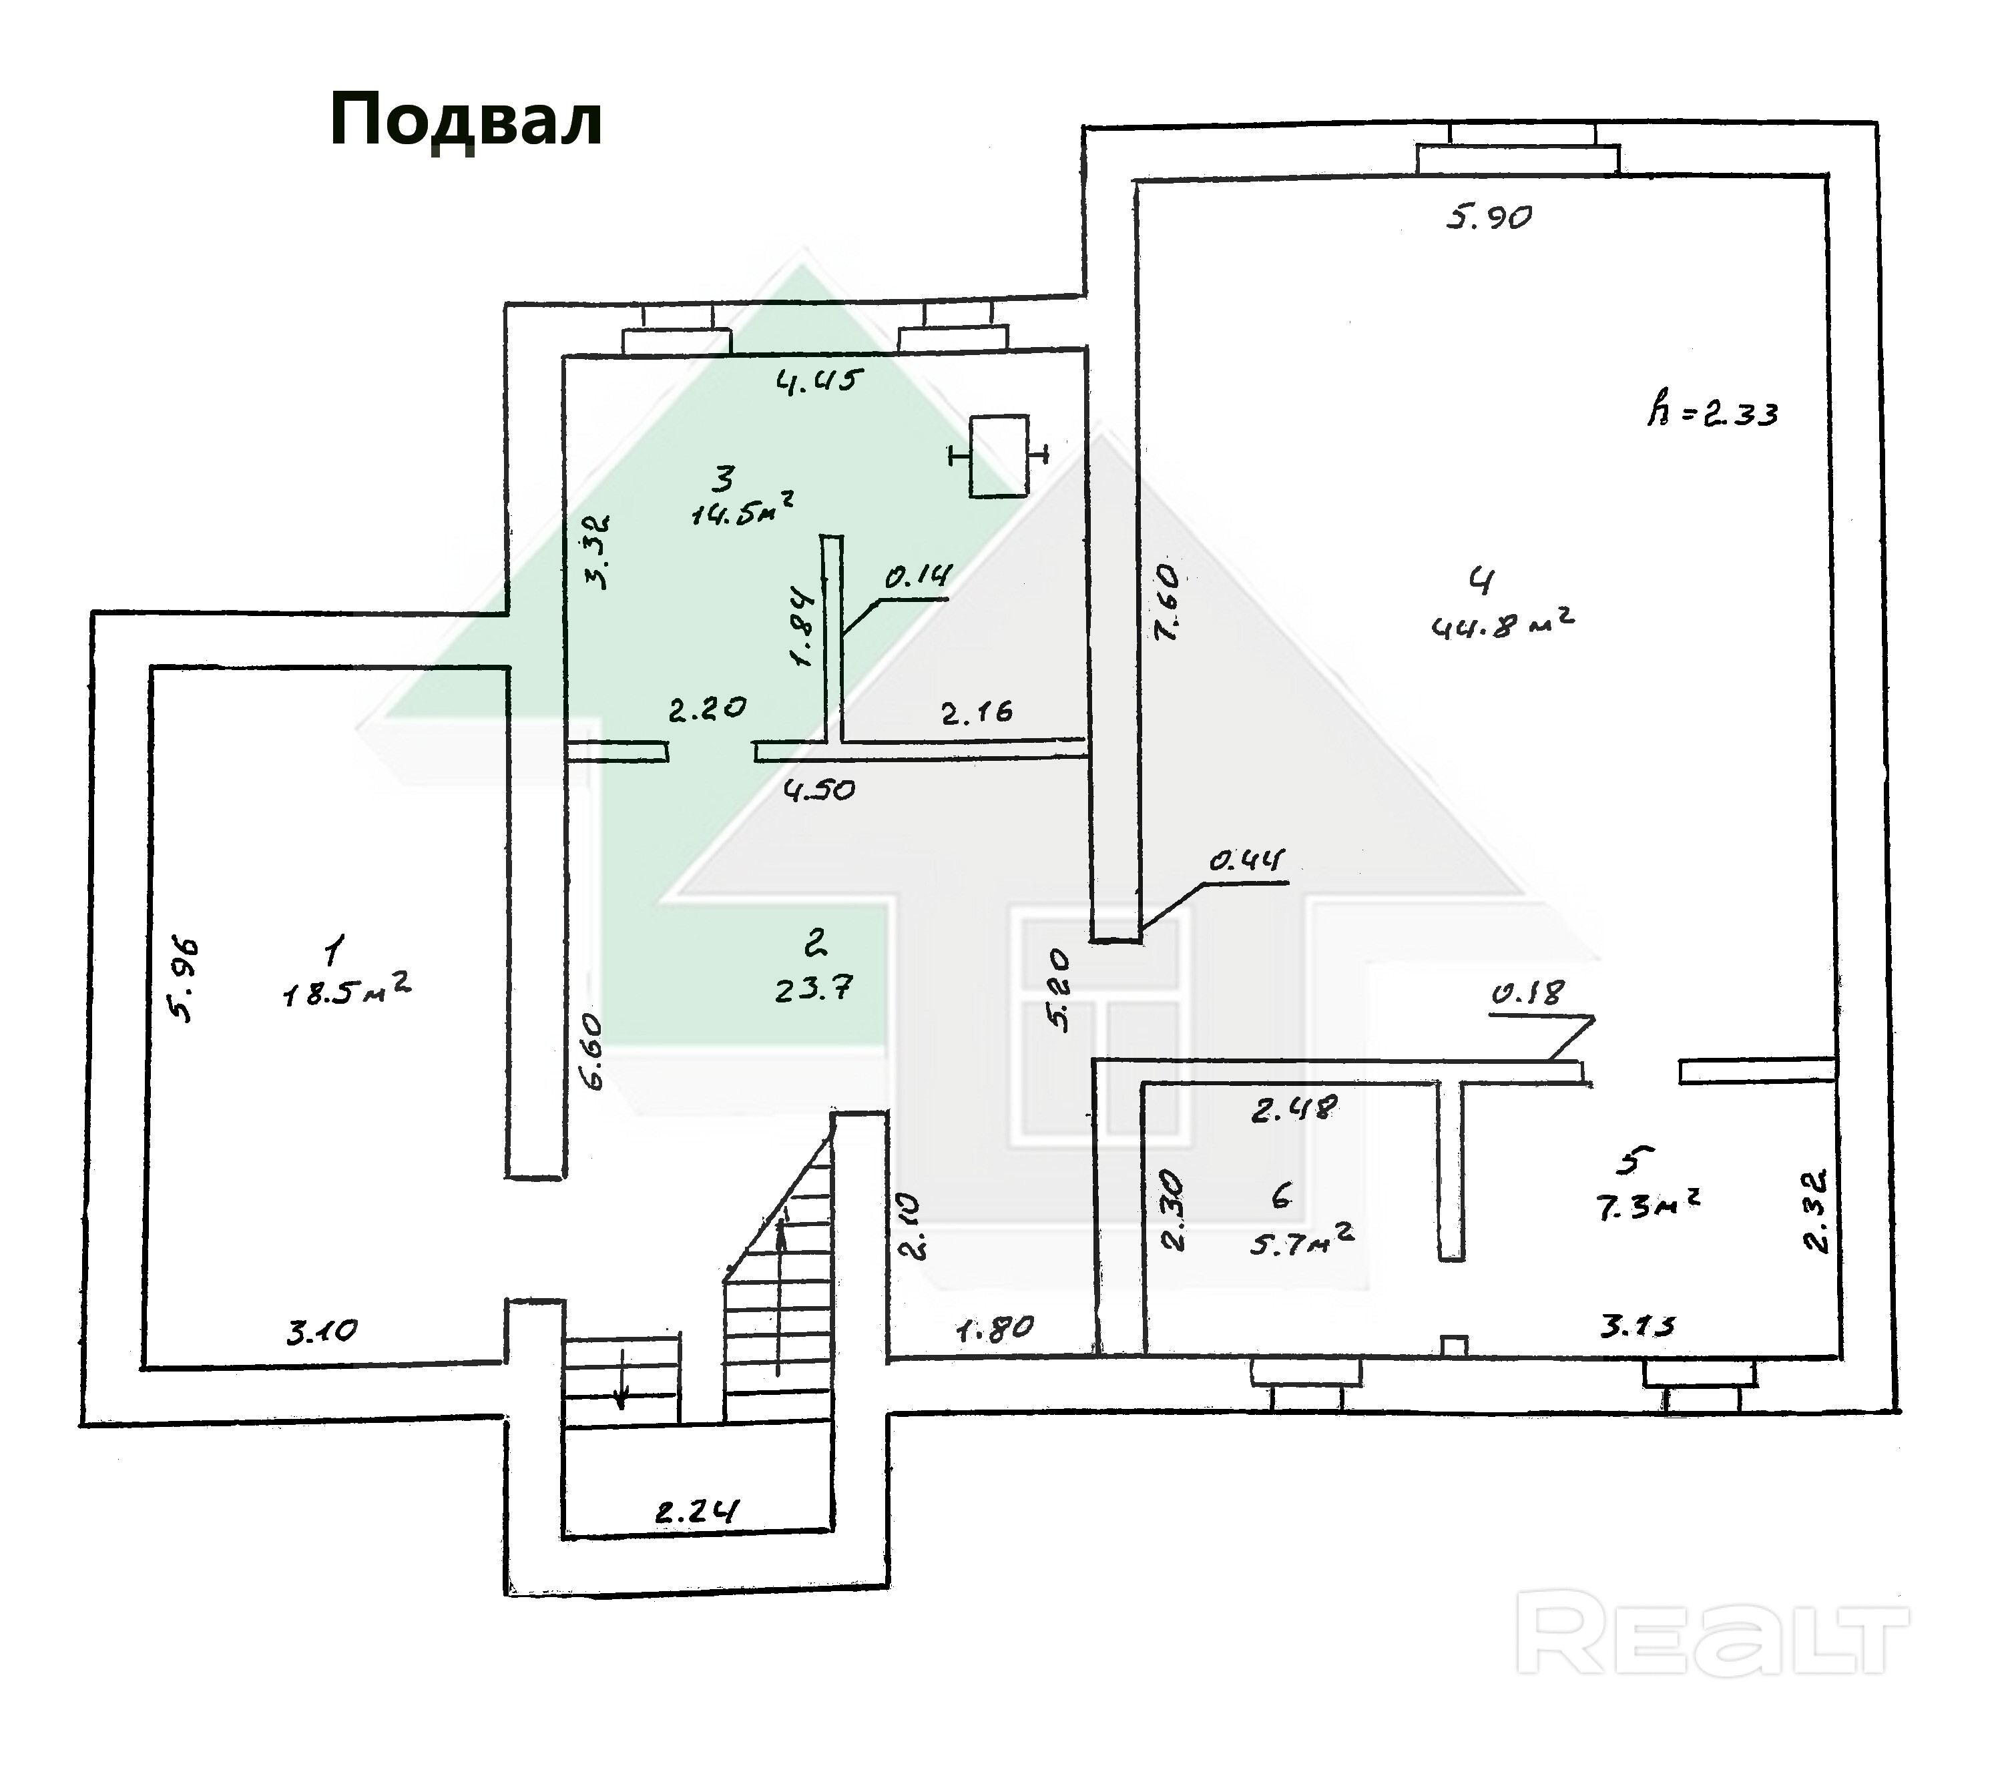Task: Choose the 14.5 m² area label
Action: tap(743, 509)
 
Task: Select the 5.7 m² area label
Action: tap(1302, 1241)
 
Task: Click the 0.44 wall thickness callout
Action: tap(1247, 861)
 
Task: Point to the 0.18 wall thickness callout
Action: tap(1527, 994)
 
